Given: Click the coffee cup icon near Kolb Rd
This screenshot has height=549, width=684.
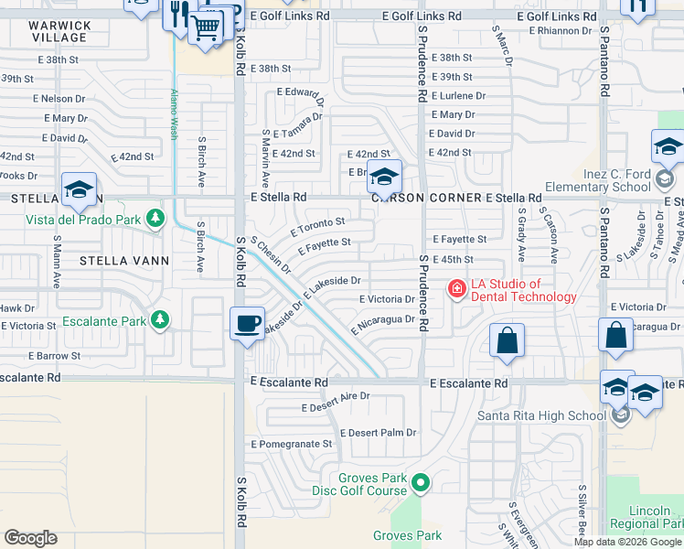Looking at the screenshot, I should pyautogui.click(x=247, y=324).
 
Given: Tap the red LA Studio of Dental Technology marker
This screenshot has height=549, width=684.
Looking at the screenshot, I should pyautogui.click(x=455, y=290).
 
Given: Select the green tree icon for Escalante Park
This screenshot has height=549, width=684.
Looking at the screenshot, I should pyautogui.click(x=161, y=319).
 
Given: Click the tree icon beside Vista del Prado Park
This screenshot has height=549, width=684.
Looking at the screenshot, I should pyautogui.click(x=156, y=219).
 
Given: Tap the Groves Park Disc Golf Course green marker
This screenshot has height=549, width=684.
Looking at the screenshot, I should pyautogui.click(x=421, y=481).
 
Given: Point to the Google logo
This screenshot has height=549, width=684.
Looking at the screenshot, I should pyautogui.click(x=30, y=538).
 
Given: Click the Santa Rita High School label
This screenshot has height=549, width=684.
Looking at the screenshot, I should pyautogui.click(x=540, y=415).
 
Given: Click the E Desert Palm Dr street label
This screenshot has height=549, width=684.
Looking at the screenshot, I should pyautogui.click(x=378, y=433).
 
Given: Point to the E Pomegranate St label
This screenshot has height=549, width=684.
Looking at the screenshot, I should pyautogui.click(x=291, y=444).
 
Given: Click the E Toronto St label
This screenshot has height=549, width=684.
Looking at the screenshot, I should pyautogui.click(x=317, y=224).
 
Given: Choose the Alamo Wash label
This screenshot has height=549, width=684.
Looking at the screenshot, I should pyautogui.click(x=172, y=114).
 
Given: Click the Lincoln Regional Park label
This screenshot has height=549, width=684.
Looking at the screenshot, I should pyautogui.click(x=655, y=517).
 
